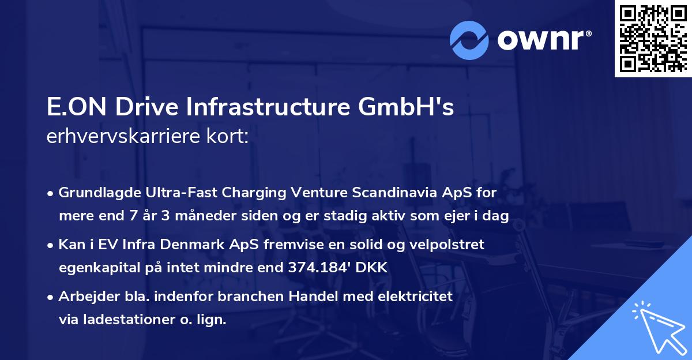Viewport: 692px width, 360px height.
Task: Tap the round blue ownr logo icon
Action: pos(469,40)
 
